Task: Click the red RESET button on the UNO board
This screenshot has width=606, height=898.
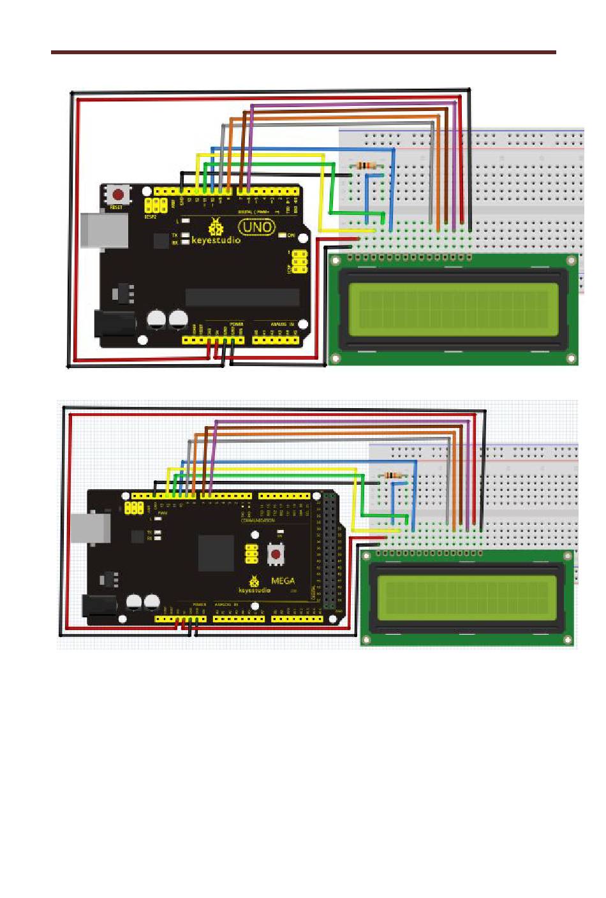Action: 118,194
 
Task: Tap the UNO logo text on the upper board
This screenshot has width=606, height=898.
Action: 257,226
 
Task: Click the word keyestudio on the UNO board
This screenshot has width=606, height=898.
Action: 216,240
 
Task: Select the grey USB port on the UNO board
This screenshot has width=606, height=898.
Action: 102,228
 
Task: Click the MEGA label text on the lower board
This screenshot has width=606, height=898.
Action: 283,580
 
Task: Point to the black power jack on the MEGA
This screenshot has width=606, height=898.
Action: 102,605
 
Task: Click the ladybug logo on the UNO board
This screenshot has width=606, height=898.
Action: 216,226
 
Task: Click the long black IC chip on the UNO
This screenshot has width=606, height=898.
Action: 242,297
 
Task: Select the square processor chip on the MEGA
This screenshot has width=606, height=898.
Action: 216,553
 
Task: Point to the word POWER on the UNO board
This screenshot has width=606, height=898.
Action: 237,324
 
